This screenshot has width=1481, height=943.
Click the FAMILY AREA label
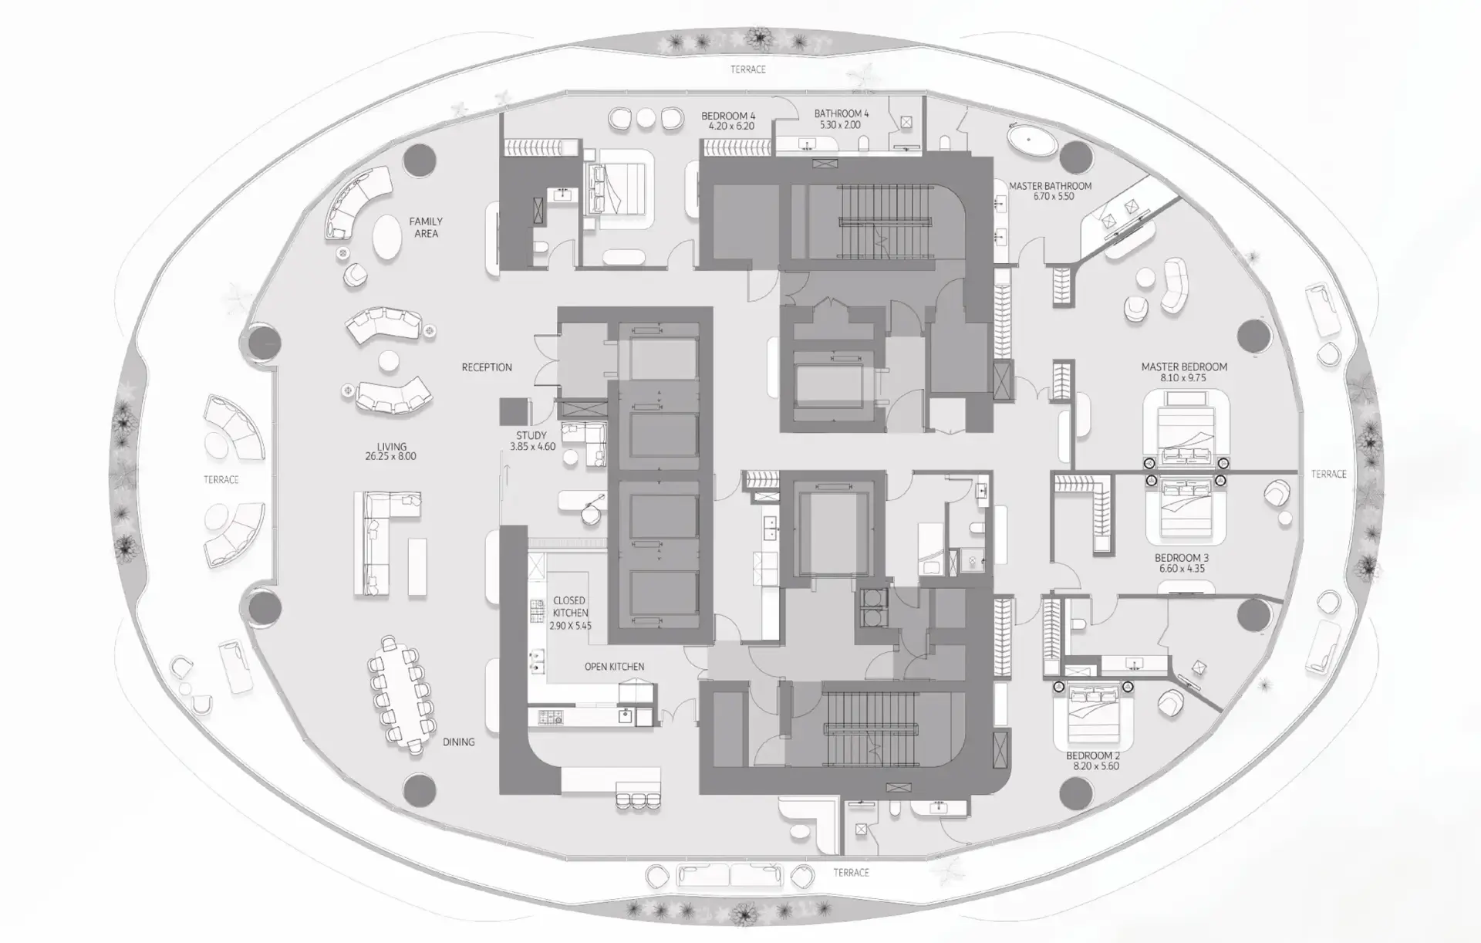point(426,228)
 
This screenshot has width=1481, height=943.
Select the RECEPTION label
point(487,367)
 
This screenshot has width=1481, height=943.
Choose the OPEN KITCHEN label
point(614,667)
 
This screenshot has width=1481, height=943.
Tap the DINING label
point(458,742)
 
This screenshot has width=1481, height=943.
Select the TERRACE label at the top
point(748,69)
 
